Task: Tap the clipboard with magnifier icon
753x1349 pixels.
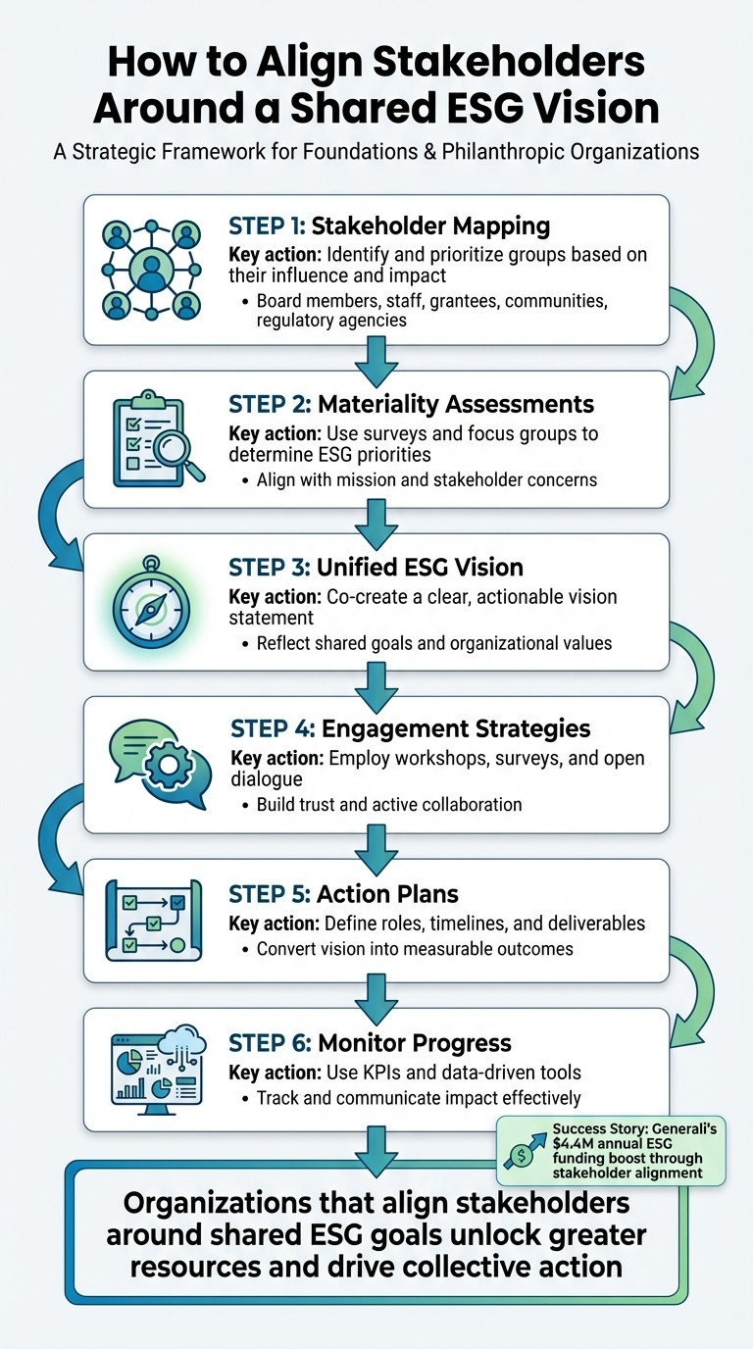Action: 157,438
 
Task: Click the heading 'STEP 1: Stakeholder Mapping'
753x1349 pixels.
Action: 388,226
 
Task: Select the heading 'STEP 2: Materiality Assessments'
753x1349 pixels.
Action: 411,404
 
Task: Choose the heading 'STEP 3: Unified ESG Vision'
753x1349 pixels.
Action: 376,567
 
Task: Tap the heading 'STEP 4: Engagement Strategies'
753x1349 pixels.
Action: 410,728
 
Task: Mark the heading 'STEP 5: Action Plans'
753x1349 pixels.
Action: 343,893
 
